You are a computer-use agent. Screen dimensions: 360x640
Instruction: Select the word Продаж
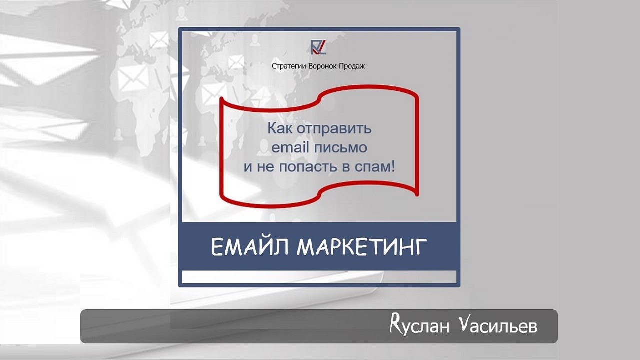pyautogui.click(x=353, y=66)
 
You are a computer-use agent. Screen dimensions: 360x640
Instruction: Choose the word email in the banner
pyautogui.click(x=290, y=148)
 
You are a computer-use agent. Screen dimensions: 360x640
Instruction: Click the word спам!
pyautogui.click(x=376, y=167)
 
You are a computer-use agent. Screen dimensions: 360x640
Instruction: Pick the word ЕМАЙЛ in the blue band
pyautogui.click(x=250, y=247)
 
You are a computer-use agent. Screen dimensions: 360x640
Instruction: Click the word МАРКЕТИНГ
pyautogui.click(x=362, y=247)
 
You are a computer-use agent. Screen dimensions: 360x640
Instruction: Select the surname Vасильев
pyautogui.click(x=498, y=326)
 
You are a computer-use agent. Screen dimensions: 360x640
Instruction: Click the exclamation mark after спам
pyautogui.click(x=392, y=166)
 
